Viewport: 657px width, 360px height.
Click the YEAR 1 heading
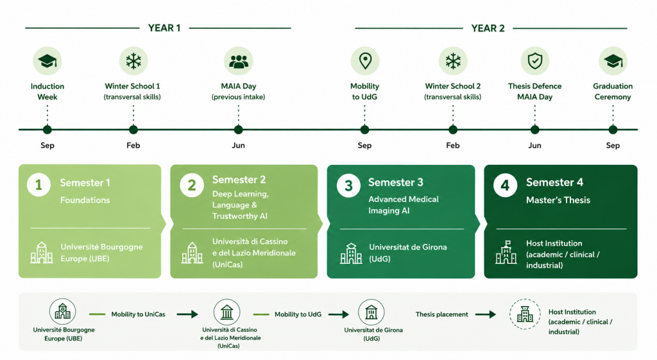[x=164, y=28]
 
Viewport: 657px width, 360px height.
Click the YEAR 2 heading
[x=488, y=28]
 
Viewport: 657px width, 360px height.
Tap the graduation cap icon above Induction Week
[x=47, y=61]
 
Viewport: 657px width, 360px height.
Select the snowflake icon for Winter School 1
[x=133, y=61]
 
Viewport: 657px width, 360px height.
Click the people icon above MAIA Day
[x=239, y=61]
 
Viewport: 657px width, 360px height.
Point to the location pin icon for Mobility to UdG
[x=365, y=61]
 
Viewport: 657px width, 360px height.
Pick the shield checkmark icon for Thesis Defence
[x=534, y=61]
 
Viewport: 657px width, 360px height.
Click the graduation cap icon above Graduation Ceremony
[x=613, y=61]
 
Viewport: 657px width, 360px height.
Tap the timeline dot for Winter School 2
[x=453, y=130]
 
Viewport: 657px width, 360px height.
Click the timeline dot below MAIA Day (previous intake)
[x=239, y=130]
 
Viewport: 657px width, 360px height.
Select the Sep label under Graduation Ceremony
[x=613, y=146]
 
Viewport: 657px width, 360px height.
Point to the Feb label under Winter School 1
[x=133, y=146]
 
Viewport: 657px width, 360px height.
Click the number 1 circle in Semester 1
[x=38, y=185]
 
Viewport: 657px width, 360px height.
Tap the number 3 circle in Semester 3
[x=348, y=185]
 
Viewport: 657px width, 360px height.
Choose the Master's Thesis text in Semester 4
[x=558, y=200]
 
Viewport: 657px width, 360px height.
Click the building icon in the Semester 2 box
[x=192, y=253]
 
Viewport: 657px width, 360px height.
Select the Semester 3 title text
[x=395, y=182]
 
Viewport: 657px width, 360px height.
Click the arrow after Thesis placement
[x=486, y=314]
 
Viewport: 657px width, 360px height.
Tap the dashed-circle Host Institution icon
[x=525, y=314]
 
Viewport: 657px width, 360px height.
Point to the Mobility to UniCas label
[x=139, y=314]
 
